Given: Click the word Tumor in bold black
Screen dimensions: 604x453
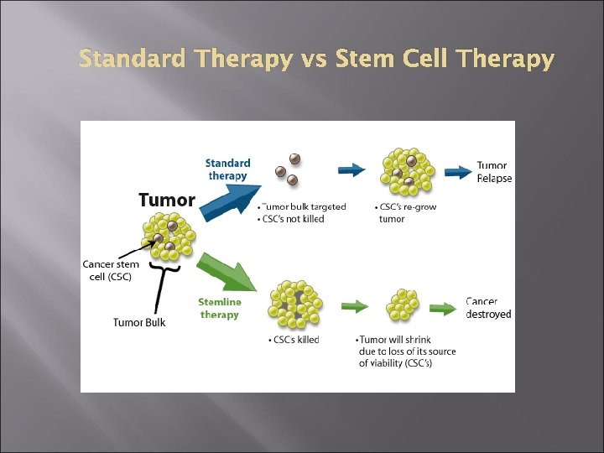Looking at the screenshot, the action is [166, 200].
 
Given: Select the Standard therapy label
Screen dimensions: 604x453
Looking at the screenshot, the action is [228, 169].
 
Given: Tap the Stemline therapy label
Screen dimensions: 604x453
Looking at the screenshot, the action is [220, 308].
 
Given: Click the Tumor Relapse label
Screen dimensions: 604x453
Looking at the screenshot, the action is [494, 172].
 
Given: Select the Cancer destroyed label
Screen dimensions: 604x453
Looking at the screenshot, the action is [488, 308].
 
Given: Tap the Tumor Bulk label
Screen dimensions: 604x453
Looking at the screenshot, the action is [139, 322].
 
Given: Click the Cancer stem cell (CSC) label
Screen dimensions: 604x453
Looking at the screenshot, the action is [111, 270].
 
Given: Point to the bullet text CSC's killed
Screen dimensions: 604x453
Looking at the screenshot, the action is [294, 340].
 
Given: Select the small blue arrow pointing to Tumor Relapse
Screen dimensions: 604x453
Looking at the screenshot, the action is [457, 172].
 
